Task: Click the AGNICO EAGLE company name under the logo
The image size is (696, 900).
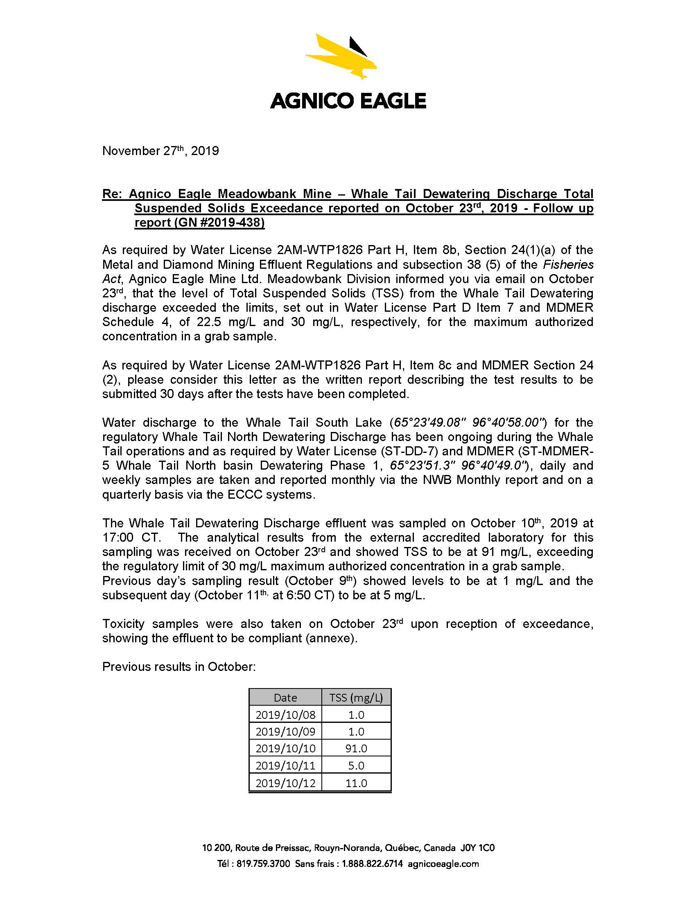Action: click(348, 101)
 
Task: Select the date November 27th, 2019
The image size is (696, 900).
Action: click(160, 151)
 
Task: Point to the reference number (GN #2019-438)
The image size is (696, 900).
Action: click(199, 223)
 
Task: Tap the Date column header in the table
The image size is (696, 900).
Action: click(285, 697)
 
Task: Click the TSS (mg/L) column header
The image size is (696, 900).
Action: click(356, 697)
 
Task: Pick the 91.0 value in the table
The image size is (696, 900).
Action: click(356, 748)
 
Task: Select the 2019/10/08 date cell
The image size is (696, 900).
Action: click(285, 715)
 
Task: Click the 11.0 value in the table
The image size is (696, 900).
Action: click(356, 783)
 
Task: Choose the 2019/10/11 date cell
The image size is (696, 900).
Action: click(285, 766)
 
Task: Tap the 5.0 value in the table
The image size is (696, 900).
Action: click(356, 766)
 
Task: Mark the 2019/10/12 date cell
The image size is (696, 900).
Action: click(285, 783)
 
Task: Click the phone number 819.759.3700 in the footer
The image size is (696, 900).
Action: click(263, 864)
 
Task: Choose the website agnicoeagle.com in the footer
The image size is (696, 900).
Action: click(443, 864)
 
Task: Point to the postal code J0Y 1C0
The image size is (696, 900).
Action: click(477, 848)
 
